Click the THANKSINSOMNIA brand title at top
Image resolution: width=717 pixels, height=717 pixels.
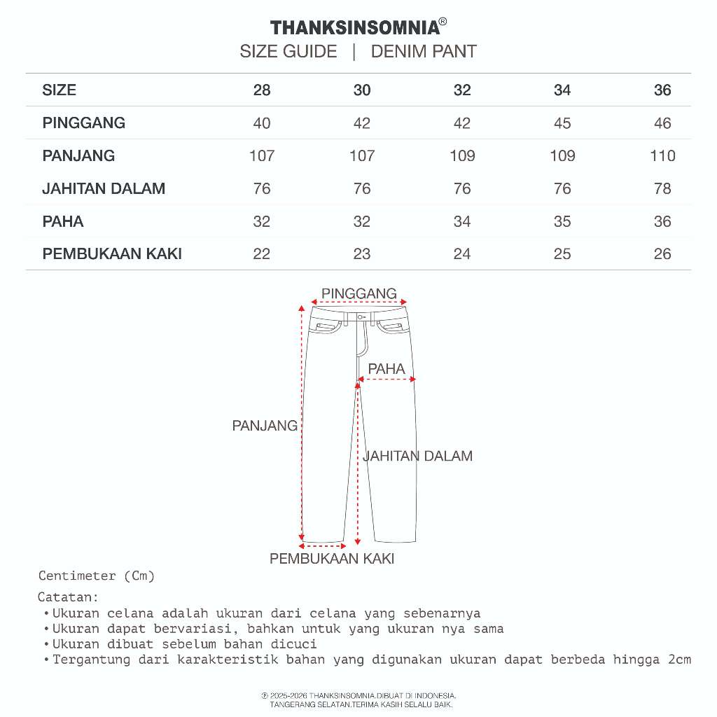(356, 28)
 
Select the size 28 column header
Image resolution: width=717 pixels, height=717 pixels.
(262, 90)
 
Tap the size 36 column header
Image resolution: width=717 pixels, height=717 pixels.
(662, 90)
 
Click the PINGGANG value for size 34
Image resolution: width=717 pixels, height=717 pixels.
(562, 123)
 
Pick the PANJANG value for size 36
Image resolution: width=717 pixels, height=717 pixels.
(662, 155)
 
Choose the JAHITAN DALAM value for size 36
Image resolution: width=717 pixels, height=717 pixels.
(662, 188)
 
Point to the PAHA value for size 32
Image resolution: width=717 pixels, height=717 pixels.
(462, 221)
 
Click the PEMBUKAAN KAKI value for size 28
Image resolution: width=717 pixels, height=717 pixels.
(262, 253)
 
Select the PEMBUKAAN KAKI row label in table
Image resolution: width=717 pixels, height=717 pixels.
(112, 253)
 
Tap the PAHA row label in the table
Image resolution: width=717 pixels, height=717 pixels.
(63, 221)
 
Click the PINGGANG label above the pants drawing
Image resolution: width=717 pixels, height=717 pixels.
(359, 293)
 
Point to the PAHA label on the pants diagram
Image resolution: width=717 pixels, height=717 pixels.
(387, 369)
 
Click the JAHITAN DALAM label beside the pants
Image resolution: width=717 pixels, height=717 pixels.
(417, 456)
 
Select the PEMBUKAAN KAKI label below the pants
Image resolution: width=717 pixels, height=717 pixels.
(332, 559)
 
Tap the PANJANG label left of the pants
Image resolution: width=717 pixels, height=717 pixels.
(265, 426)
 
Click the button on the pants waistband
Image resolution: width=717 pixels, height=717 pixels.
(361, 317)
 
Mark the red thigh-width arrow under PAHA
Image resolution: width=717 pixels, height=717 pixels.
(387, 380)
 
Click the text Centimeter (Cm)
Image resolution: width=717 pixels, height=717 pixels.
(97, 576)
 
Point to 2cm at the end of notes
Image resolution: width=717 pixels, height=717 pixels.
(678, 660)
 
